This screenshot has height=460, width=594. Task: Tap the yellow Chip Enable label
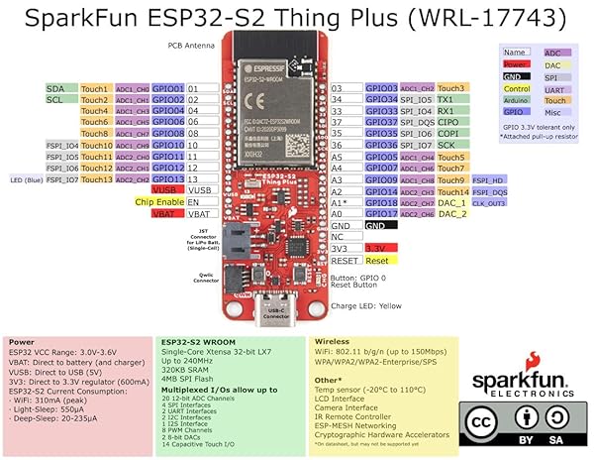tap(156, 201)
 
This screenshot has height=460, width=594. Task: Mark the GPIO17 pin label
tap(381, 213)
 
